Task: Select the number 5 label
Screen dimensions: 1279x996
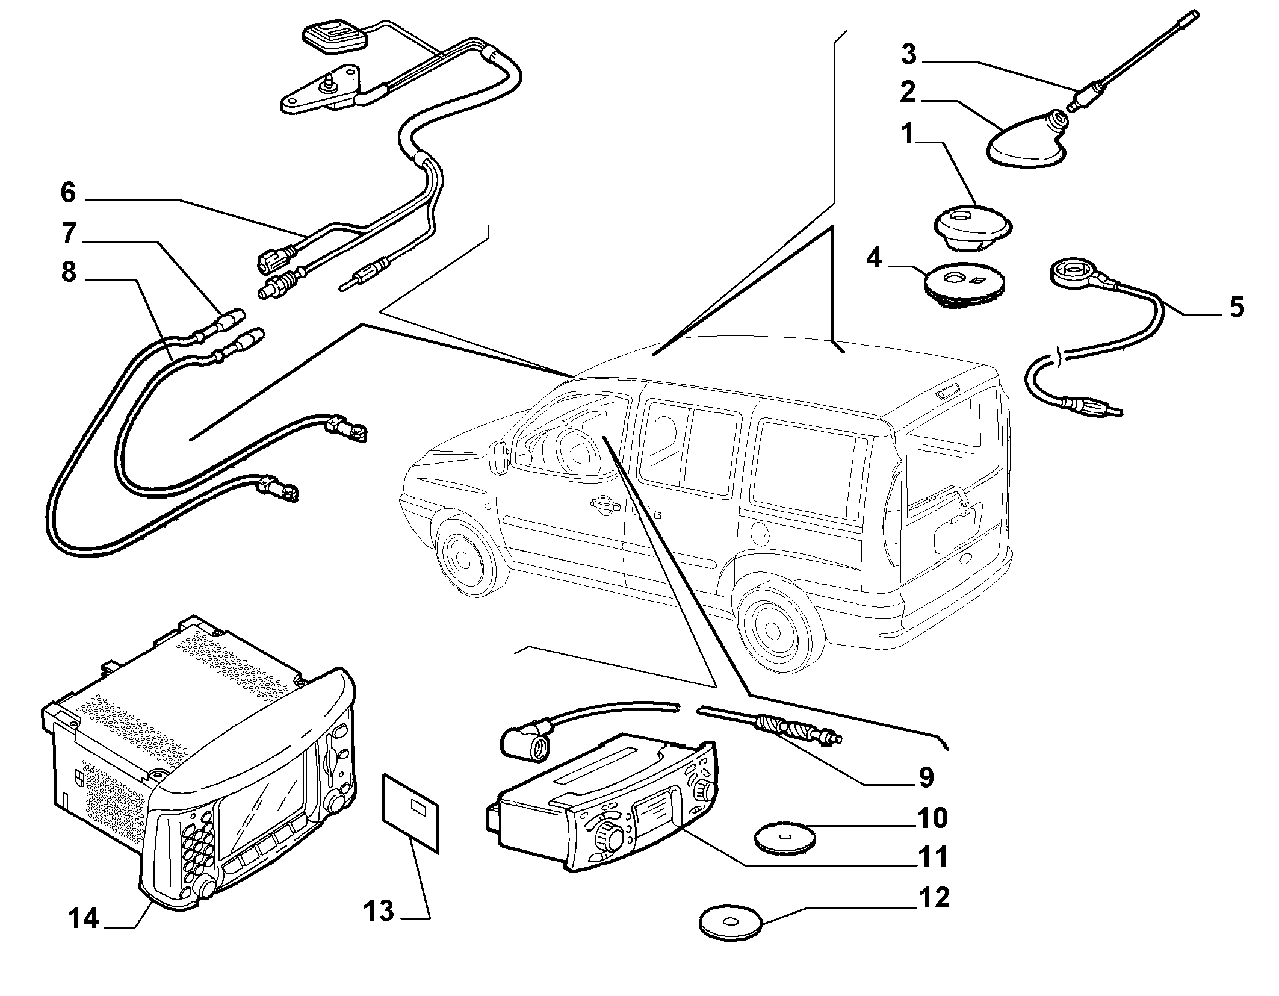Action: coord(1236,307)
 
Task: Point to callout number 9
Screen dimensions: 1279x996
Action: coord(926,777)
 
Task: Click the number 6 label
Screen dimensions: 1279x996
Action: coord(68,193)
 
